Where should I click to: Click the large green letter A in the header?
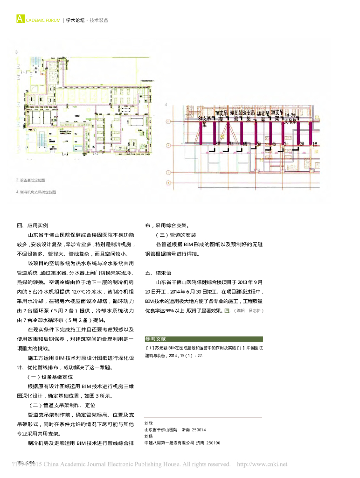click(x=19, y=19)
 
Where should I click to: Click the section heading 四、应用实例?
click(x=32, y=225)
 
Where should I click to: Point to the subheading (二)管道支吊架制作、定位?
click(x=62, y=405)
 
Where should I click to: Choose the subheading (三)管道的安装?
click(x=176, y=235)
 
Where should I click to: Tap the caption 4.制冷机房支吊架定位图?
click(x=36, y=192)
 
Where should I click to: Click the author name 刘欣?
click(x=149, y=423)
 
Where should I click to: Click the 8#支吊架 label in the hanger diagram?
click(x=203, y=121)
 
